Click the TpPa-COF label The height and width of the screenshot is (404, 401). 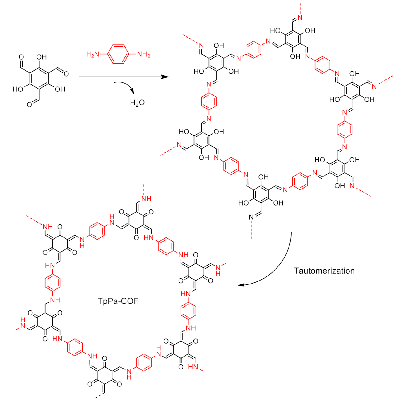118,301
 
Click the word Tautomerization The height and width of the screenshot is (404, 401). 324,271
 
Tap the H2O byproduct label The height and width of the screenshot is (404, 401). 137,103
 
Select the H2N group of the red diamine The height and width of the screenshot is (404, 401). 92,54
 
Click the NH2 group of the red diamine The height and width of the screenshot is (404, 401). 143,54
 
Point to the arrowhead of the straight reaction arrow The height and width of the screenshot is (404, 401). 166,77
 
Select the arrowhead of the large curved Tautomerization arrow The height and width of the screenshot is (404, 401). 241,285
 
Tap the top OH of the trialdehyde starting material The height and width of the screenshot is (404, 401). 42,57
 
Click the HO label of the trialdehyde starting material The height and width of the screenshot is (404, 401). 18,89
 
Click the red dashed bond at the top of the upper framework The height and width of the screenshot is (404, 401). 300,8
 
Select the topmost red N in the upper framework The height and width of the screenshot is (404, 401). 300,18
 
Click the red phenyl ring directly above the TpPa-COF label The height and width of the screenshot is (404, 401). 97,231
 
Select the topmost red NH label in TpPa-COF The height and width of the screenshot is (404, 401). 146,199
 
